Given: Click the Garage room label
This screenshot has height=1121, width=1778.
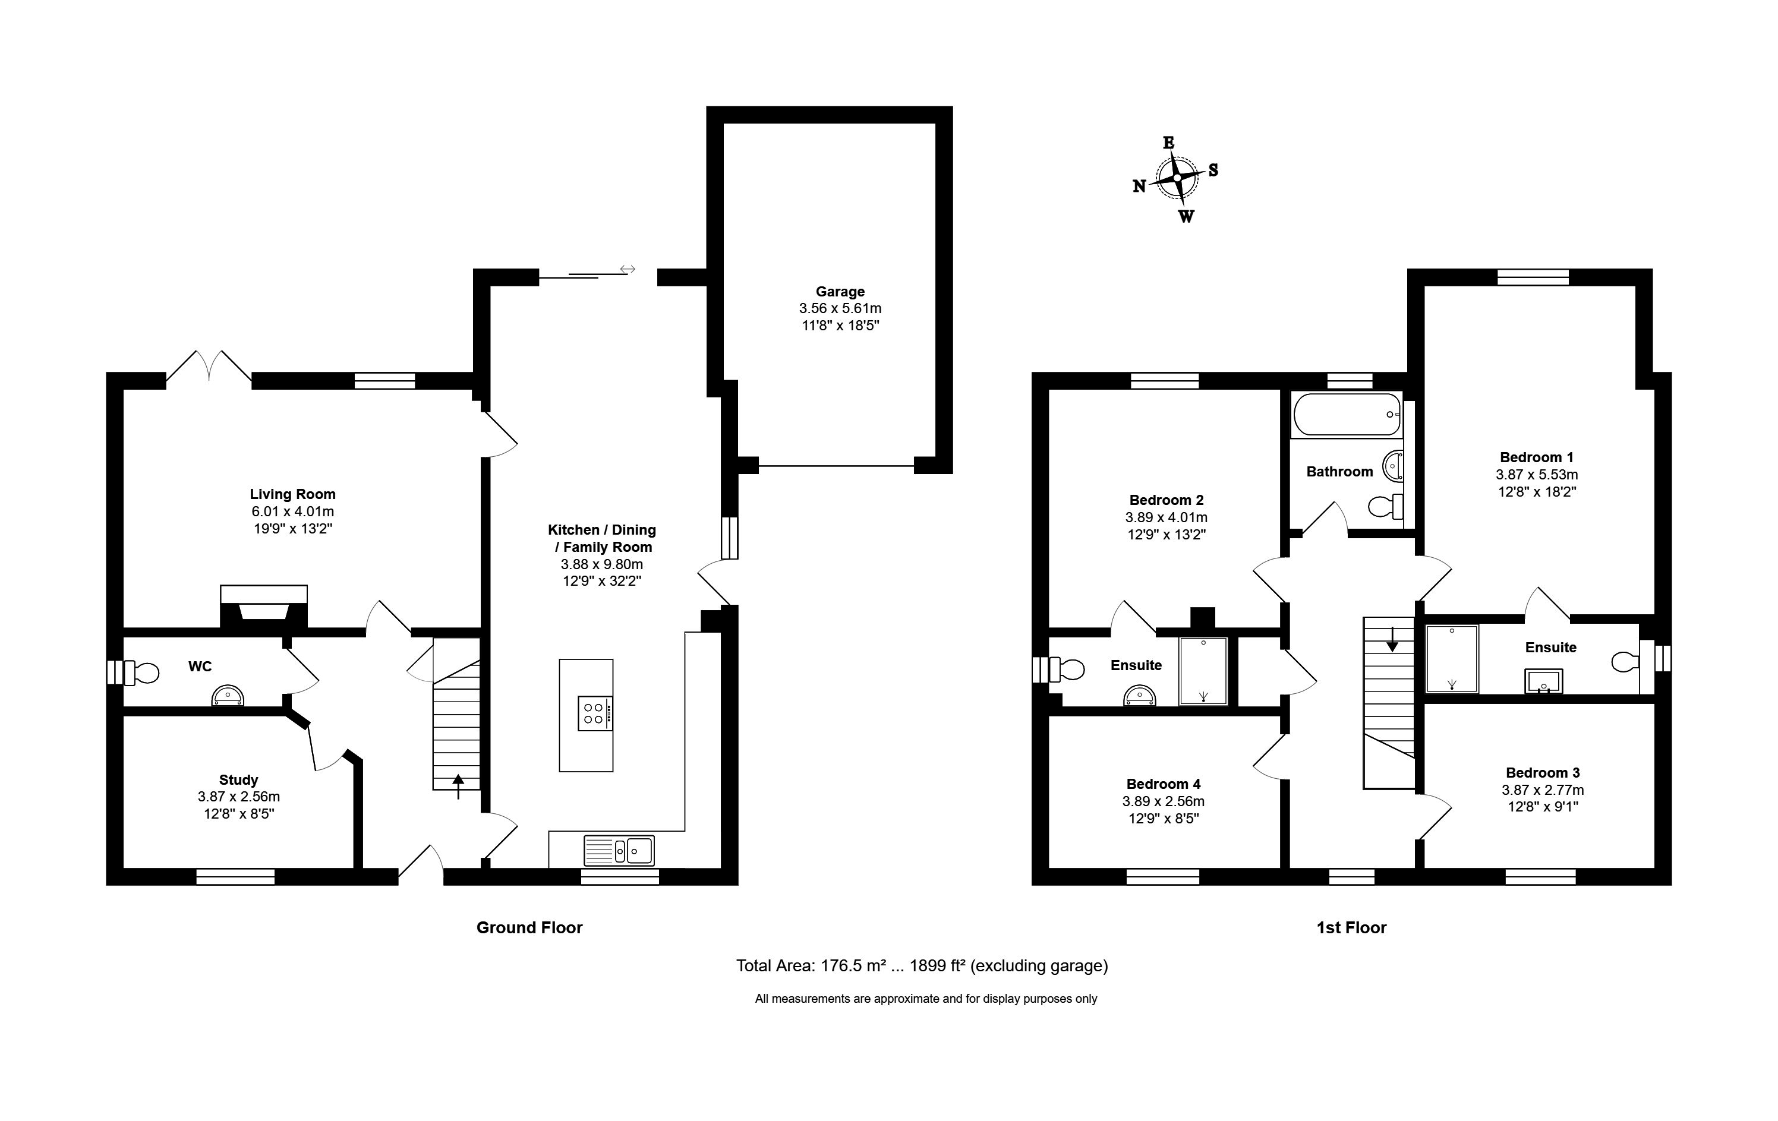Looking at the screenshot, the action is pos(840,292).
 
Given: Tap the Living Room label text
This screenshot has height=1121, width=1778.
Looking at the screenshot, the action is pos(292,494).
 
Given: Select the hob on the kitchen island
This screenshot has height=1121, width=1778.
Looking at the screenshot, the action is pos(595,713).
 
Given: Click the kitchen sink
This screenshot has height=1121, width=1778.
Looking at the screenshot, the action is pos(619,850).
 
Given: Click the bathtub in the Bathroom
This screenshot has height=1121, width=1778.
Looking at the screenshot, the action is pos(1346,414).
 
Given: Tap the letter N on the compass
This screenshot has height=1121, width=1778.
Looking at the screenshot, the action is pos(1139,187).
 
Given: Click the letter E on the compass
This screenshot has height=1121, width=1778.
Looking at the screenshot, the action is pos(1169,143).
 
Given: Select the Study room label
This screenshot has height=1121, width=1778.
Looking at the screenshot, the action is pos(238,780).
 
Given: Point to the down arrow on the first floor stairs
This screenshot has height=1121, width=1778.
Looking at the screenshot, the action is pos(1392,639).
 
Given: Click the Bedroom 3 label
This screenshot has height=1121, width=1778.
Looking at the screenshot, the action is pos(1543,773).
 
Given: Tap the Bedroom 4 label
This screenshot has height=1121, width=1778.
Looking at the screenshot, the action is pos(1163,784).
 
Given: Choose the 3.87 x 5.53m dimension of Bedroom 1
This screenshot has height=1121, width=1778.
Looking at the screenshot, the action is pos(1537,475).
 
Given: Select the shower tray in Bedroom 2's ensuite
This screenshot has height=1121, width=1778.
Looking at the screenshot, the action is pos(1203,671).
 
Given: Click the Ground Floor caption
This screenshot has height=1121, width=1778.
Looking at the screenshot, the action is pos(529,928).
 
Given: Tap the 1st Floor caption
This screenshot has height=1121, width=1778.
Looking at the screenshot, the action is pos(1351,928).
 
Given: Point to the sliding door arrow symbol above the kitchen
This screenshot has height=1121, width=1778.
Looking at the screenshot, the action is pos(628,269).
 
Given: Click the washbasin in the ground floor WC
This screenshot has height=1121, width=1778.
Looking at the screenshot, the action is pos(228,696).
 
